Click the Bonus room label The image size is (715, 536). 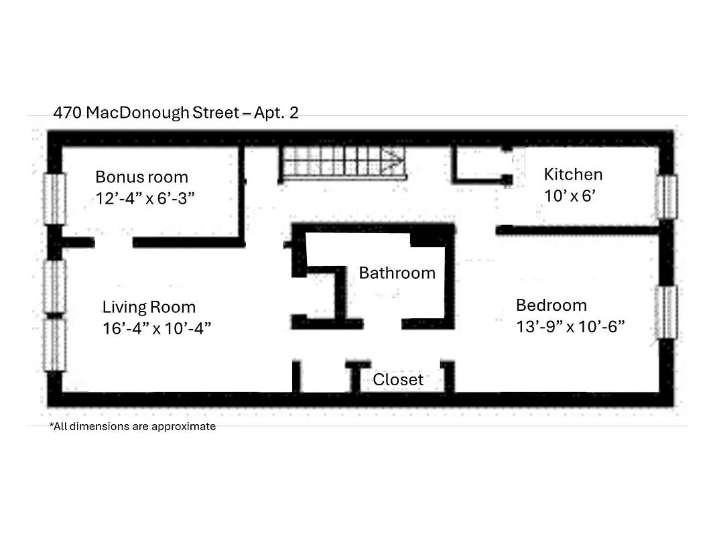pyautogui.click(x=141, y=178)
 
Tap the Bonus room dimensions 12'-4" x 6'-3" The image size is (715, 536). pyautogui.click(x=145, y=199)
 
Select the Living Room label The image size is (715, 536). pyautogui.click(x=149, y=308)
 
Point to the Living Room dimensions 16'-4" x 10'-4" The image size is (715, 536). pyautogui.click(x=157, y=328)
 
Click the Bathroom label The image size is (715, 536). pyautogui.click(x=397, y=273)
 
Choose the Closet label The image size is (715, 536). pyautogui.click(x=398, y=380)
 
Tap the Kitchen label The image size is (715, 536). pyautogui.click(x=573, y=175)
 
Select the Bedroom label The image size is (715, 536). pyautogui.click(x=551, y=306)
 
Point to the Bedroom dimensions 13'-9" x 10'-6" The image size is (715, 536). pyautogui.click(x=570, y=327)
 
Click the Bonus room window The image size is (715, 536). pyautogui.click(x=55, y=198)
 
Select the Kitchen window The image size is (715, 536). pyautogui.click(x=666, y=196)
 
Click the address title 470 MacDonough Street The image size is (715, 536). pyautogui.click(x=145, y=113)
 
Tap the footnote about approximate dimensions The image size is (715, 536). pyautogui.click(x=132, y=427)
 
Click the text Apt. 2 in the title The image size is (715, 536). pyautogui.click(x=275, y=113)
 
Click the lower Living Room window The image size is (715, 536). pyautogui.click(x=55, y=344)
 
